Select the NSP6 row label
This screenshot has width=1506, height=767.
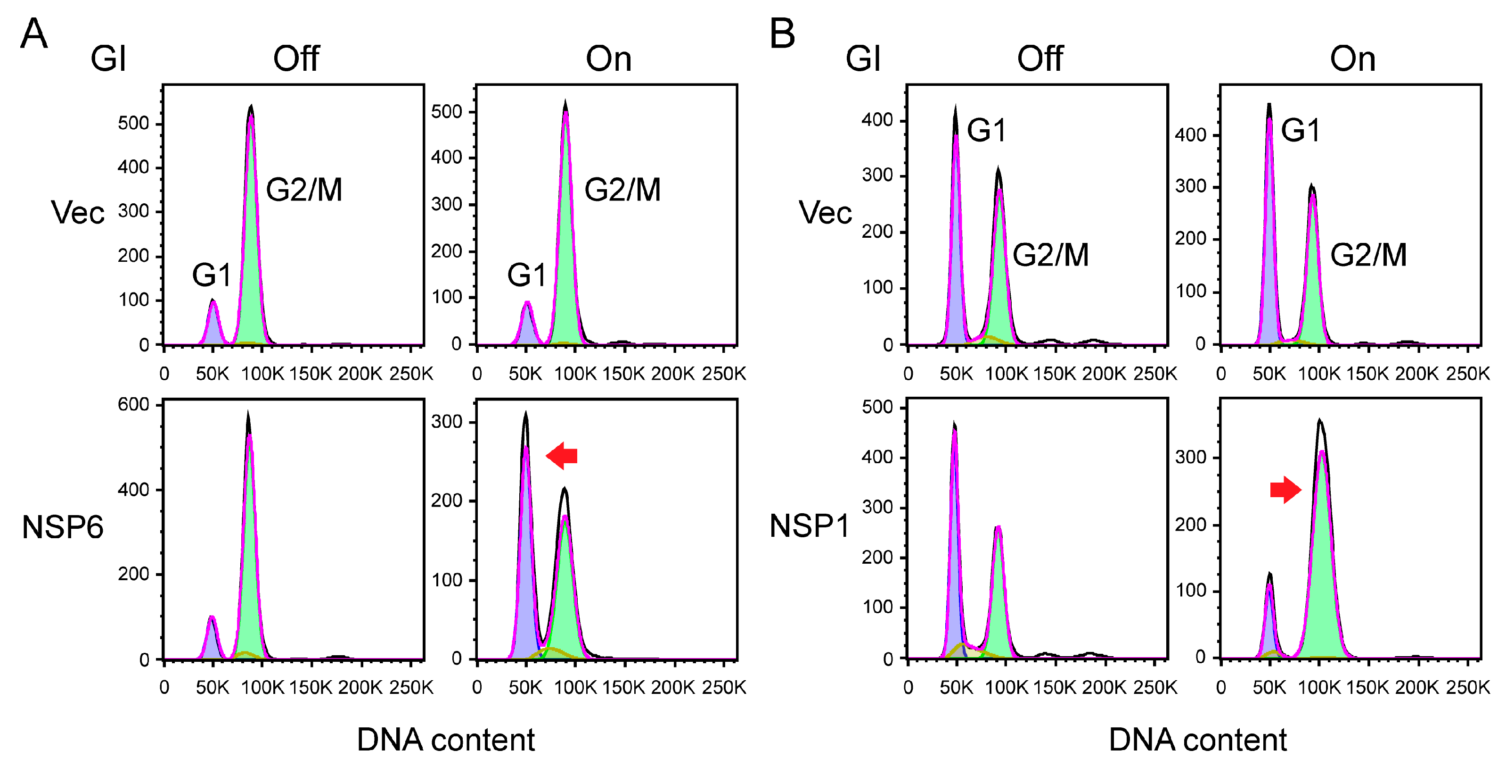point(62,526)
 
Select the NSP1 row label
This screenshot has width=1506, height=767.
point(809,525)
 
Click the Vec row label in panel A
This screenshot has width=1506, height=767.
point(77,212)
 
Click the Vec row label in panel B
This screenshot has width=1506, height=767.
point(825,212)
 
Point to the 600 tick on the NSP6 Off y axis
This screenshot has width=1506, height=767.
point(133,404)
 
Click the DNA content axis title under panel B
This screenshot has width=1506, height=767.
point(1197,740)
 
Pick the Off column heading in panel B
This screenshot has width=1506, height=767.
point(1039,58)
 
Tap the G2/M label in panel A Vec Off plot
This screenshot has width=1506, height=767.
point(303,190)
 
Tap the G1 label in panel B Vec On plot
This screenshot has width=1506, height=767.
point(1300,130)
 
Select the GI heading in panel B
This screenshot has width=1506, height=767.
point(863,58)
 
